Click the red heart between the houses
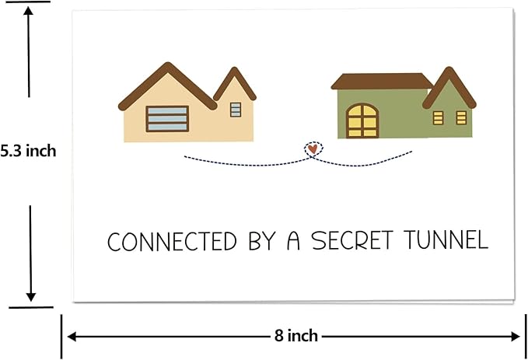pos(313,149)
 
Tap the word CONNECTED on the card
pos(172,241)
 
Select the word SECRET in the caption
pos(352,240)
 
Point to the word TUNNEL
pos(446,239)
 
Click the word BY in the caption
pos(262,241)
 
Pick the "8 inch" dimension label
pos(296,336)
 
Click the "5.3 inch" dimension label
pos(28,151)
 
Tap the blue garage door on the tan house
pos(167,119)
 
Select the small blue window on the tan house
pos(236,110)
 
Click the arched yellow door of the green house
pos(362,121)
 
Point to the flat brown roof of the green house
pos(382,81)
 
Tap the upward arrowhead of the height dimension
pos(28,11)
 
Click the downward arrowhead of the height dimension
pos(30,297)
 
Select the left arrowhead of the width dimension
pos(72,336)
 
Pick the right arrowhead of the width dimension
pos(516,337)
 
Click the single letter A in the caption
pos(293,241)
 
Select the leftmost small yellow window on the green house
pos(438,118)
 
